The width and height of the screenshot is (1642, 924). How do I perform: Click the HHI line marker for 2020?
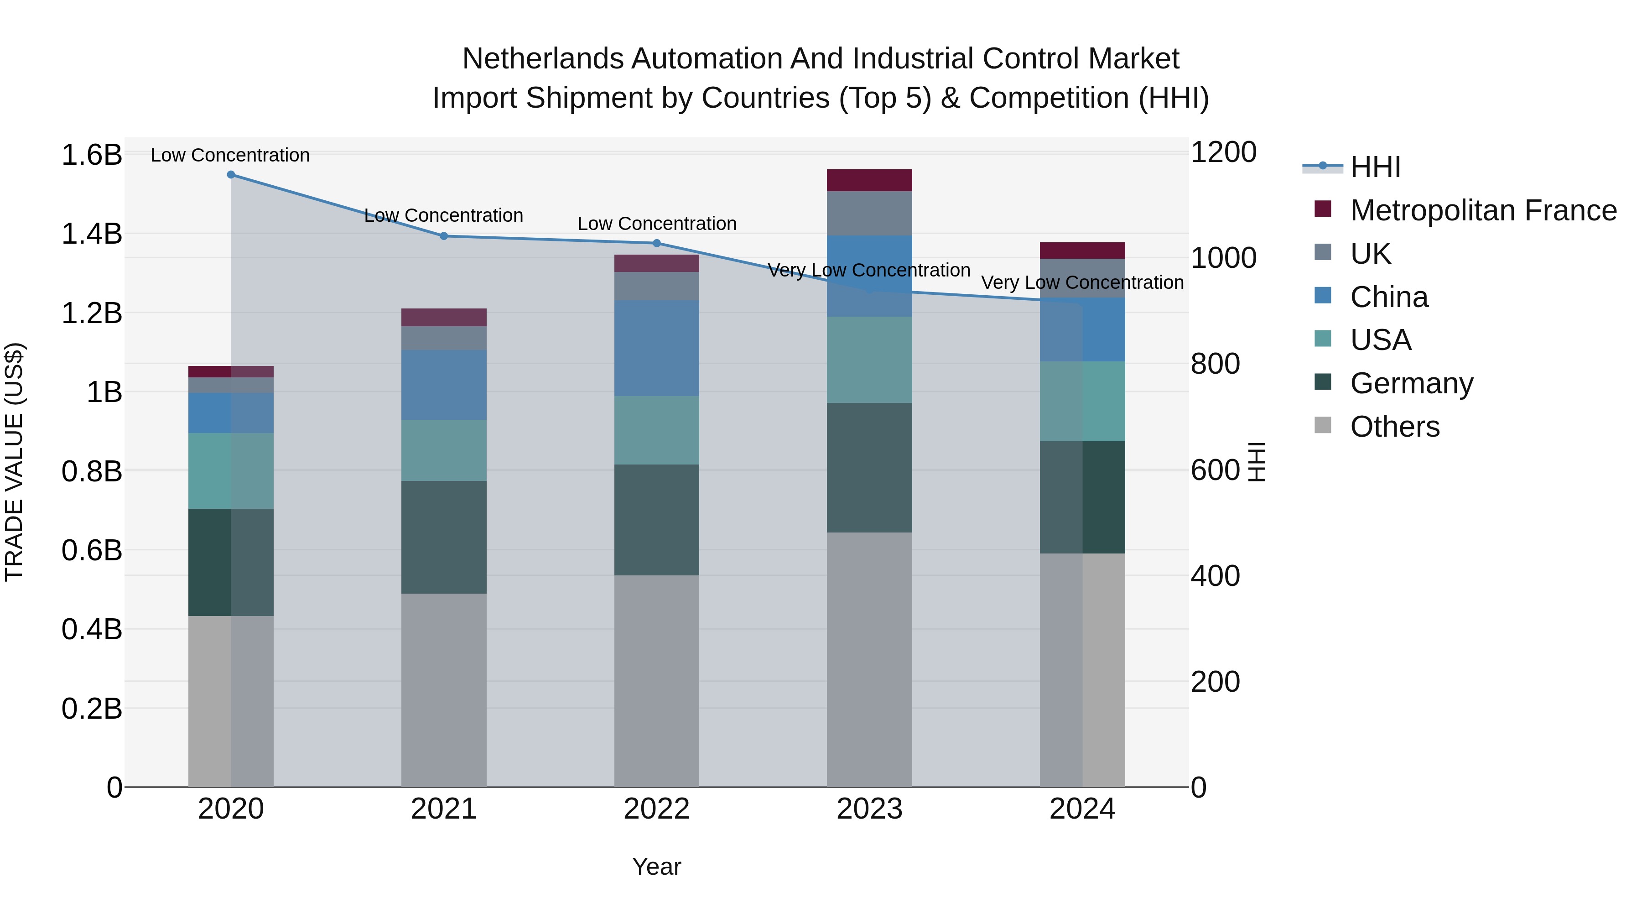coord(231,175)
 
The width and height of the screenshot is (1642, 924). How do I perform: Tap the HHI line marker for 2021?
coord(444,236)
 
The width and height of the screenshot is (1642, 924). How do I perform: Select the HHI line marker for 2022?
coord(656,243)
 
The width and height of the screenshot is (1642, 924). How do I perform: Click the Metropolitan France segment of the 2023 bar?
coord(869,180)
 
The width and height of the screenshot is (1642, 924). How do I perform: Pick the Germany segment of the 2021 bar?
coord(444,537)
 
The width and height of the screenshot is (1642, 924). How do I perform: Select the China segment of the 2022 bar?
coord(656,348)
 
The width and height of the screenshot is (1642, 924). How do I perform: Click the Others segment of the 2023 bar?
coord(869,659)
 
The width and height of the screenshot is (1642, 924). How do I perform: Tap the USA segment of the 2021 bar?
coord(444,450)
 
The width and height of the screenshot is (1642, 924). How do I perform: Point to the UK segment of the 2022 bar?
coord(656,286)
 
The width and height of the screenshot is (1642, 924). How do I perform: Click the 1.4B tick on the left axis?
coord(92,234)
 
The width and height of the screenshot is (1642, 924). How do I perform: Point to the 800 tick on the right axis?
coord(1215,364)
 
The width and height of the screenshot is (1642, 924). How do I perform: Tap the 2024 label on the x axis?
coord(1082,809)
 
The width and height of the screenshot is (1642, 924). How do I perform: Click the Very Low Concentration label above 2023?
coord(869,271)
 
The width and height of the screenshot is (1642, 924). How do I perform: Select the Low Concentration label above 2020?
coord(230,155)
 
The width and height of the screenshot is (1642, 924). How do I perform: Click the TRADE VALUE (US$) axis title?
coord(14,462)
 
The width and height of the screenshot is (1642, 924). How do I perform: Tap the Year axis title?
coord(656,867)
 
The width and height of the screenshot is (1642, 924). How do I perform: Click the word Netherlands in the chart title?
coord(542,59)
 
